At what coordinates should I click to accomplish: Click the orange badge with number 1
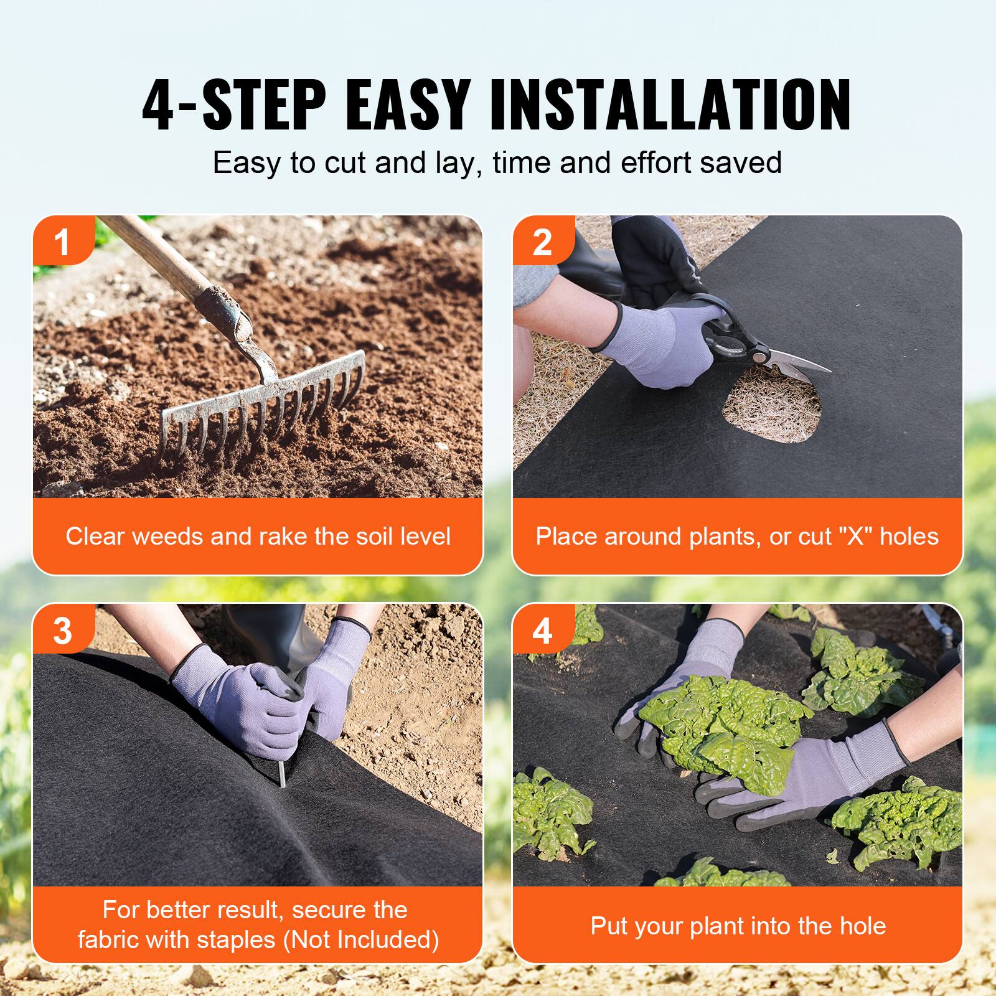click(62, 242)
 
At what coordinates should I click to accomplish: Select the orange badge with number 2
click(542, 242)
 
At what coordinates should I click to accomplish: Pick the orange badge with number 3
click(62, 631)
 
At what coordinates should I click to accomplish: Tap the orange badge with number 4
click(542, 631)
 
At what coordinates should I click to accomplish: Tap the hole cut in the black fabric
click(772, 411)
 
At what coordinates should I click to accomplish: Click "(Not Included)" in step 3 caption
click(361, 939)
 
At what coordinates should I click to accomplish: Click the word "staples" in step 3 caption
click(238, 939)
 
